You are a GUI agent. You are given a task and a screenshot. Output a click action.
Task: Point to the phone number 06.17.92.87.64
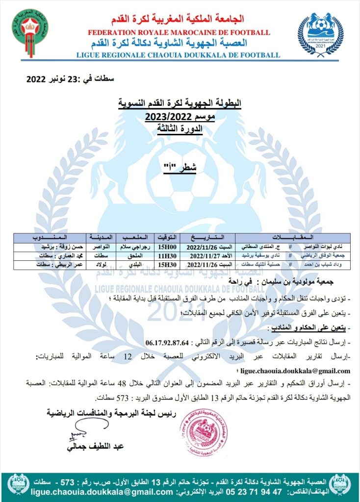(x=169, y=342)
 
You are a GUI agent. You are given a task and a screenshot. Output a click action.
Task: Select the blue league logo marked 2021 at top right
(x=321, y=33)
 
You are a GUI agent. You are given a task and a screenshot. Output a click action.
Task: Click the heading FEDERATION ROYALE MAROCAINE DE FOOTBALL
(x=179, y=32)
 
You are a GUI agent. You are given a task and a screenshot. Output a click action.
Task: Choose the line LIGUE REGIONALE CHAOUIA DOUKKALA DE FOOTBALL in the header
(x=179, y=55)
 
